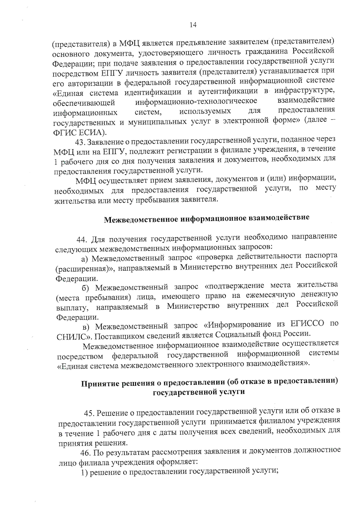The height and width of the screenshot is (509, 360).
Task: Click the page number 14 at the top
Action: [x=193, y=25]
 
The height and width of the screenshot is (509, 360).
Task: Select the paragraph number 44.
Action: [x=82, y=239]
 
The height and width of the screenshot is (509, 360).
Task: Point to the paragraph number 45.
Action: [x=89, y=413]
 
